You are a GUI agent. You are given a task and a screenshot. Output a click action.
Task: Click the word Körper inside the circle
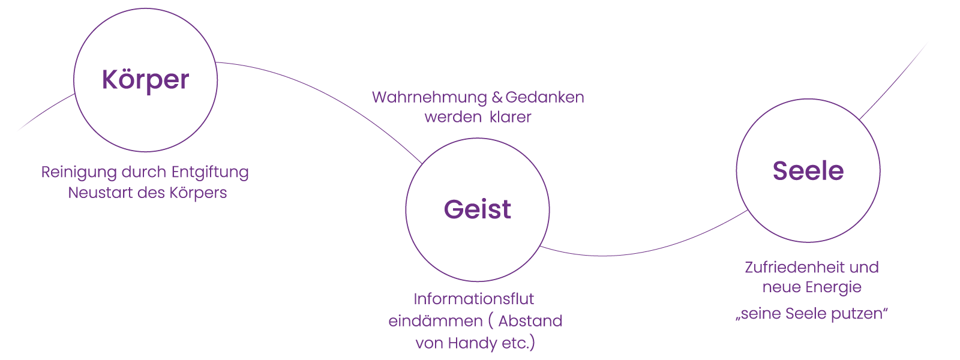pos(145,80)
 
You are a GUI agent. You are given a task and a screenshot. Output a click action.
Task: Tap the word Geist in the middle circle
pos(477,209)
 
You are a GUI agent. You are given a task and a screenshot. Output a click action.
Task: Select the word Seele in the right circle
pos(808,171)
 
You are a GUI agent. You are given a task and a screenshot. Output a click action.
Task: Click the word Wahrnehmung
pos(430,97)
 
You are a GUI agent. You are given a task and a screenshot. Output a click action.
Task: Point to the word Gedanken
pos(544,97)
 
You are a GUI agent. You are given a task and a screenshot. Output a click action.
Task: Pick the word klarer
pos(510,116)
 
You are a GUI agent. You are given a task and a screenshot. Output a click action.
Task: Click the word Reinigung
pos(79,173)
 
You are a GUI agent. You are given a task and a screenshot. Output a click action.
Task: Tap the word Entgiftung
pos(210,173)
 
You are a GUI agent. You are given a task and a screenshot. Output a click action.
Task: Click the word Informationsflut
pos(473,299)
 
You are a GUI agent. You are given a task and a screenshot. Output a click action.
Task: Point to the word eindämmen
pos(436,321)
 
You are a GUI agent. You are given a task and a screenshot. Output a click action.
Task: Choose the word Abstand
pos(530,321)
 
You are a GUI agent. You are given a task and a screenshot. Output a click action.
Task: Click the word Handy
pos(473,343)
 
